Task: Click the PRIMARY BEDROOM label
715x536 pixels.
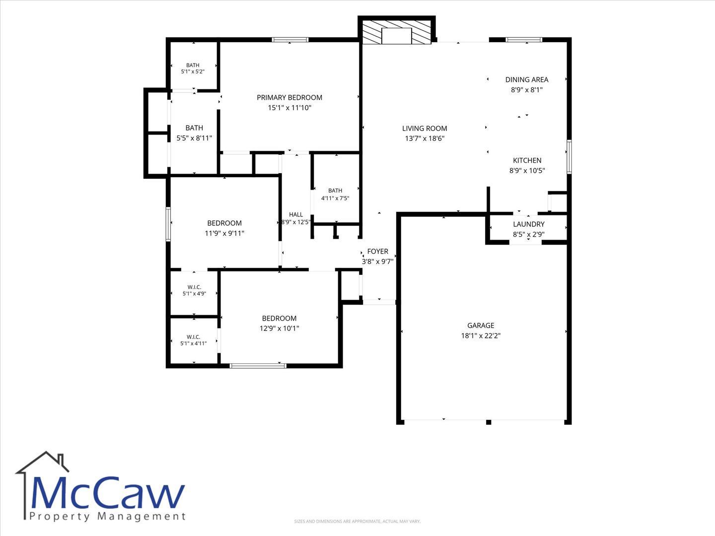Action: coord(289,97)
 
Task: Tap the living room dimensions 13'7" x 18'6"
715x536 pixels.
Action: coord(425,138)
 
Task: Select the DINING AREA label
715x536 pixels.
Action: coord(527,79)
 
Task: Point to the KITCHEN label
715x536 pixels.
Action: coord(527,160)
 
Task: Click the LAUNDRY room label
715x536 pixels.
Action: coord(529,224)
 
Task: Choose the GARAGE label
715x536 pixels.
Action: coord(481,325)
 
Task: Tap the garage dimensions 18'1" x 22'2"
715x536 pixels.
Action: coord(481,335)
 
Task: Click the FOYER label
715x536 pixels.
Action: coord(377,251)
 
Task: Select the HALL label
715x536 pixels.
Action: coord(296,214)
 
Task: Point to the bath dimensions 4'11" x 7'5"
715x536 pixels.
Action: coord(335,198)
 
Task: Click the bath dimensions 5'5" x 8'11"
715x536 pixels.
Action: coord(194,138)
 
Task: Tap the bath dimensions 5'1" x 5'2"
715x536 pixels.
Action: coord(193,71)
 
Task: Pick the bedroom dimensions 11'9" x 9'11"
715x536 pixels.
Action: coord(224,233)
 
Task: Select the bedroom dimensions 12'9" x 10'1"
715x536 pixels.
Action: coord(279,328)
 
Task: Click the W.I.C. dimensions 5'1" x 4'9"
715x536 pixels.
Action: coord(194,293)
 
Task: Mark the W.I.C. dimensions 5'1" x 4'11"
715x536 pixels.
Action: coord(194,343)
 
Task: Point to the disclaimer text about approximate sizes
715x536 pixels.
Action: coord(357,521)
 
